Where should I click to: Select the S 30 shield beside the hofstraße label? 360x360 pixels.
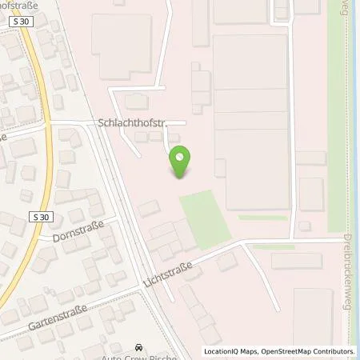pyautogui.click(x=23, y=22)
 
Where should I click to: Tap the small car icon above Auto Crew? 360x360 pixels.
pyautogui.click(x=140, y=347)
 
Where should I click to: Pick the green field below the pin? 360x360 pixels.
pyautogui.click(x=205, y=214)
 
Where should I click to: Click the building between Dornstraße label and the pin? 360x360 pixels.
pyautogui.click(x=148, y=209)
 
